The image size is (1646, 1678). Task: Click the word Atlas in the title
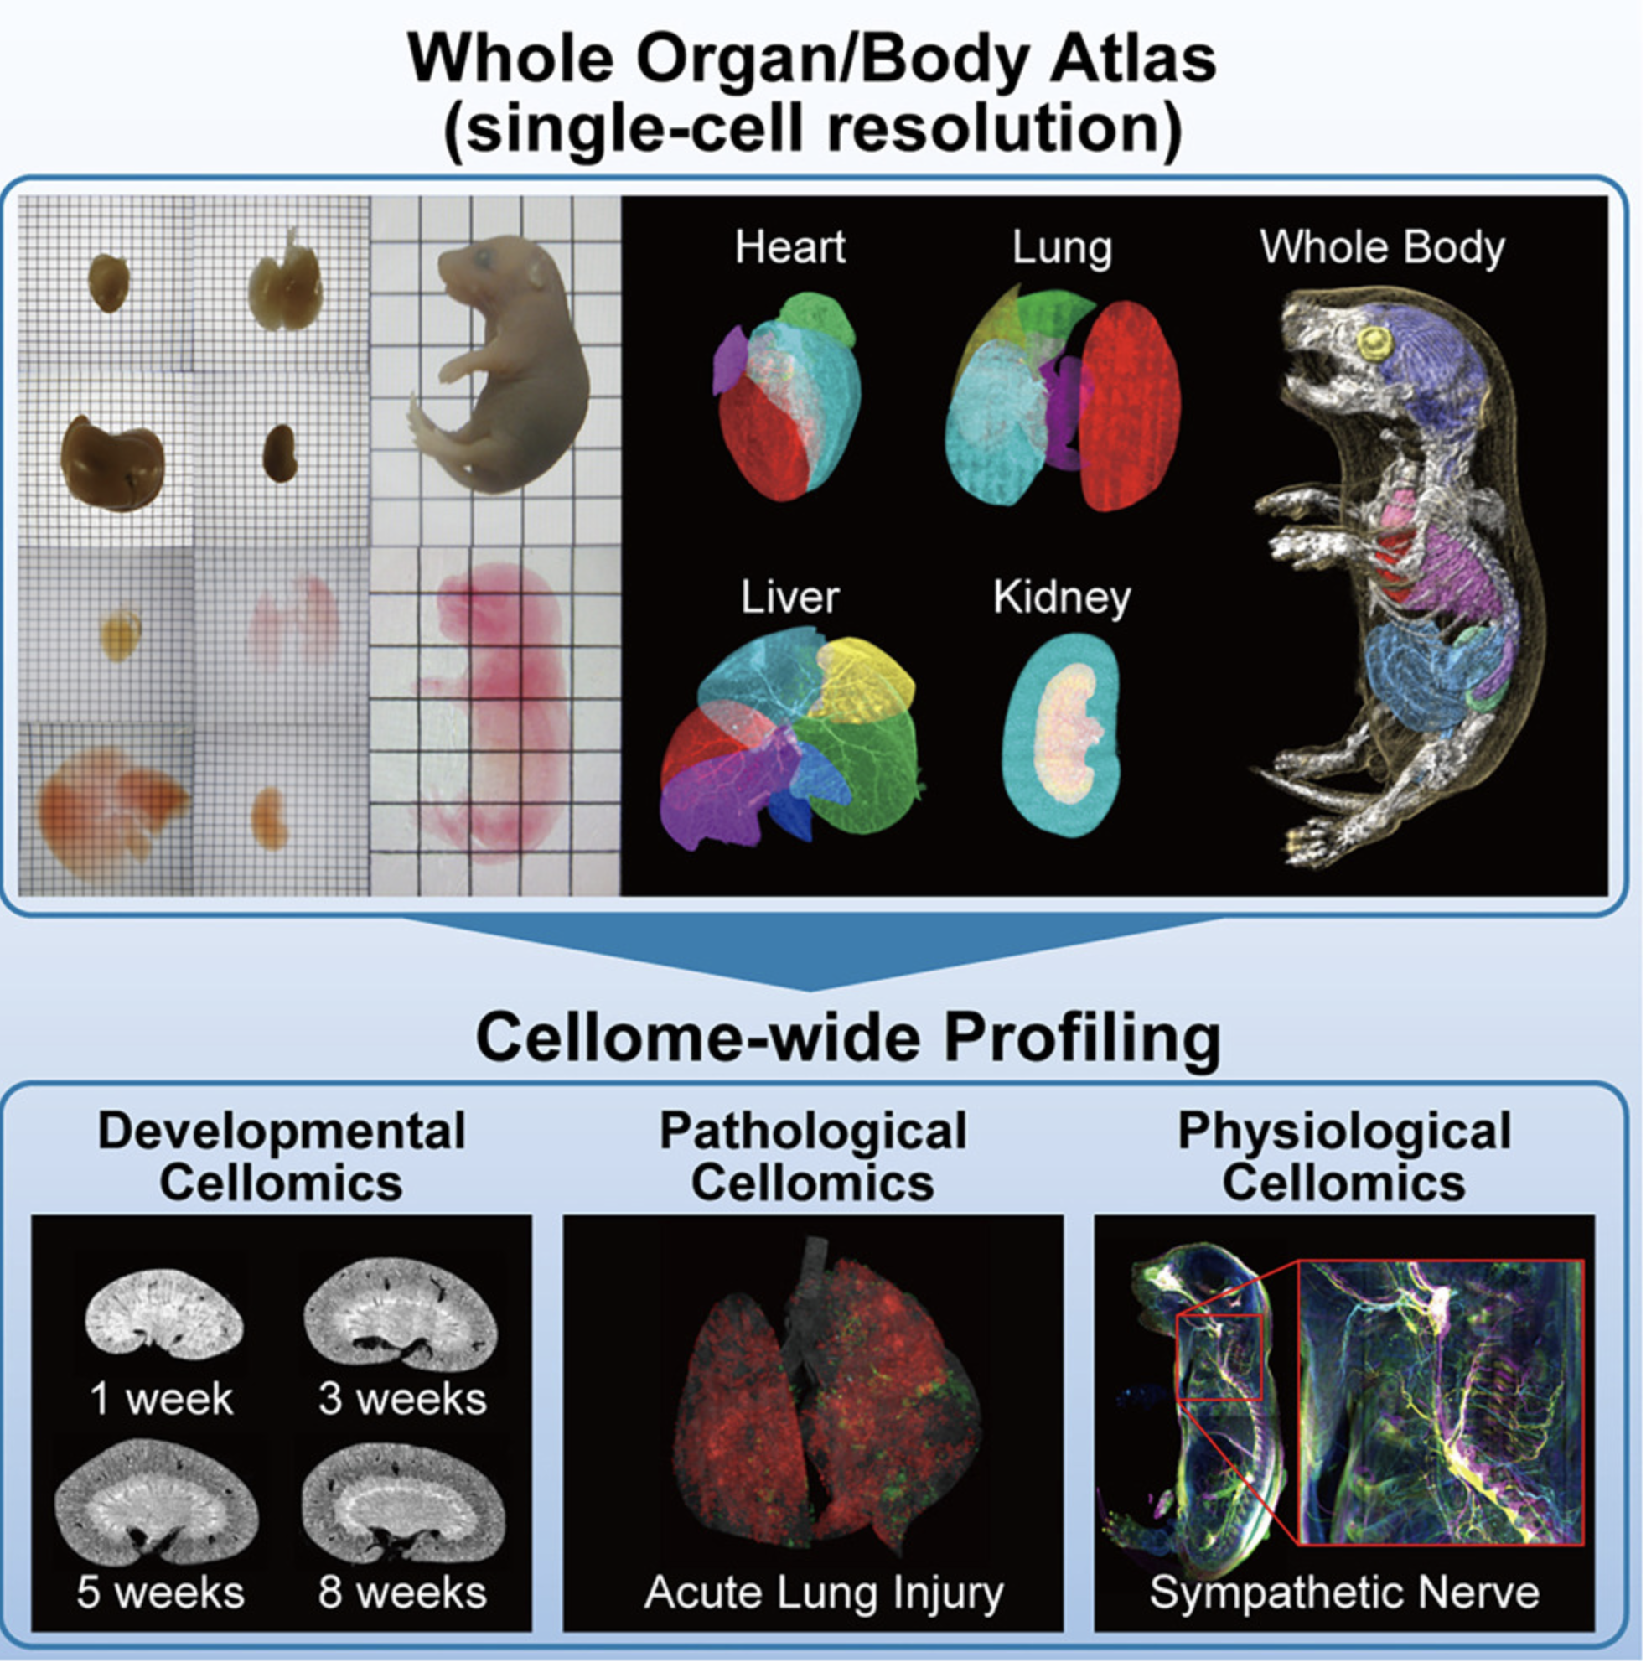point(1132,59)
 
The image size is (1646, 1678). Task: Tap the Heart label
point(790,247)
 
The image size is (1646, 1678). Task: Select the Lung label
point(1063,249)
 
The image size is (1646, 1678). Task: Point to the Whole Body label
point(1382,248)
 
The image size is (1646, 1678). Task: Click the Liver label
point(790,598)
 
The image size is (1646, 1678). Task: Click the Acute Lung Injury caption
point(824,1593)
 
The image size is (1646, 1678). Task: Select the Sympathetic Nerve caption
point(1344,1593)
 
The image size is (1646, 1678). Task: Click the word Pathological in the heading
point(813,1131)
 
